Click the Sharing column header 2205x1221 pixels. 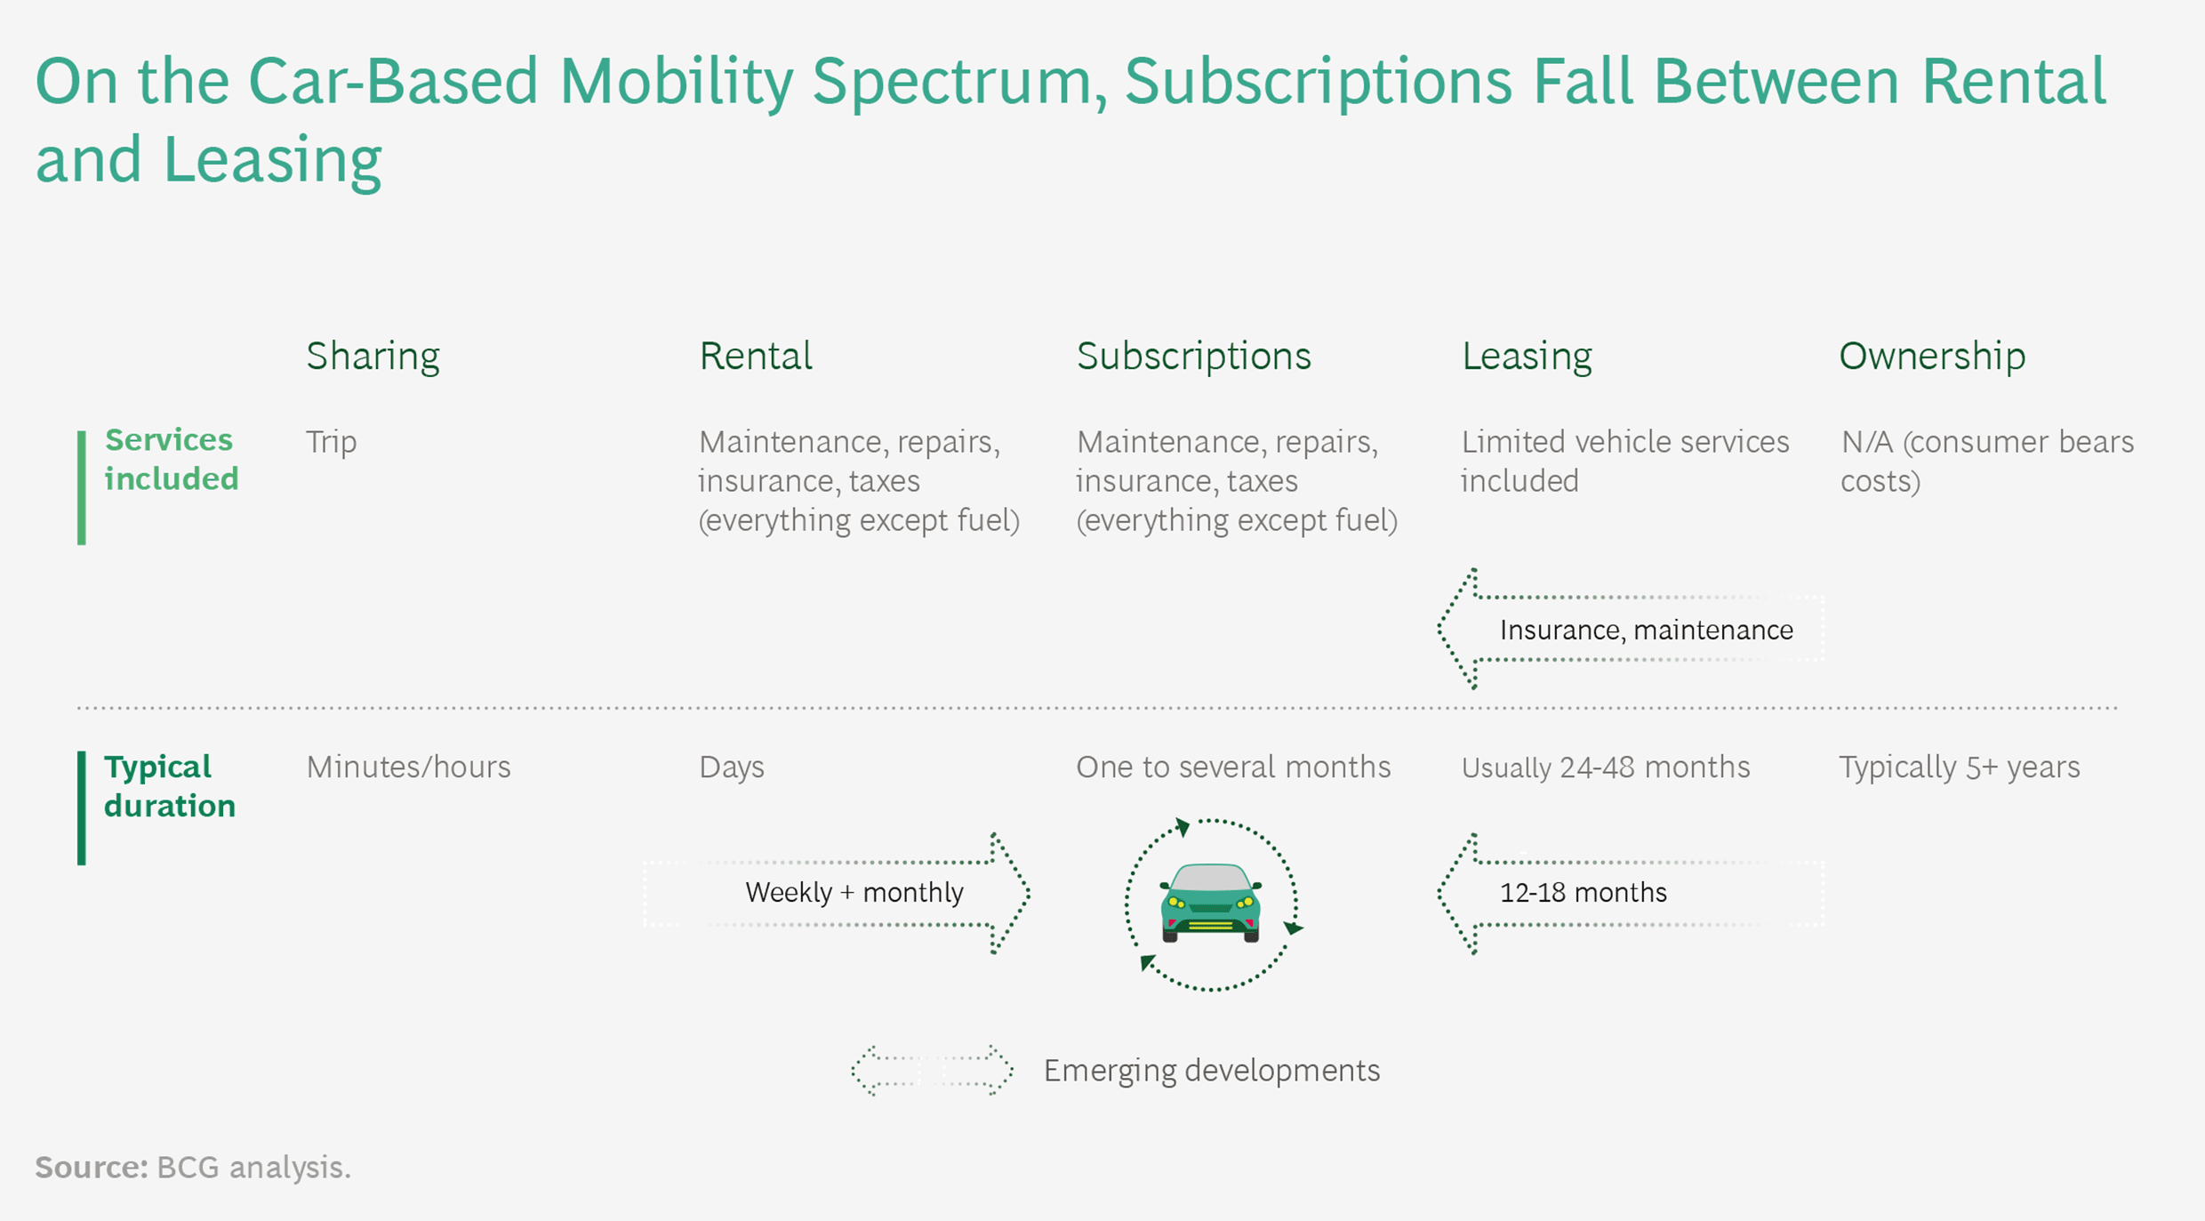[x=373, y=357]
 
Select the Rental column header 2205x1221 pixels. [x=755, y=357]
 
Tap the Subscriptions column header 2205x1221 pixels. [x=1193, y=357]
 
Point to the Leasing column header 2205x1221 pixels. [x=1526, y=357]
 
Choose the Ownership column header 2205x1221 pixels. [x=1931, y=357]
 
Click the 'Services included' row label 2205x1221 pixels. [x=171, y=459]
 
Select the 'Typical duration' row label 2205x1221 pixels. [x=169, y=786]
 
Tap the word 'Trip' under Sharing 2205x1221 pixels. [x=331, y=442]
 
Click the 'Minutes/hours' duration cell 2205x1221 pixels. [x=408, y=767]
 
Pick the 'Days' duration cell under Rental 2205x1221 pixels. [x=731, y=767]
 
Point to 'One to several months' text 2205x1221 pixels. [x=1232, y=767]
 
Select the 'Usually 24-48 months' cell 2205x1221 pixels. [x=1605, y=767]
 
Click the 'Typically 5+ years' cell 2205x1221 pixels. [x=1959, y=767]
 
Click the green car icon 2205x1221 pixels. [x=1210, y=903]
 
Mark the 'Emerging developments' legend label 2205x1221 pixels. [x=1211, y=1070]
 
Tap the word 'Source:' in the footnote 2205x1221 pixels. [x=91, y=1167]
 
